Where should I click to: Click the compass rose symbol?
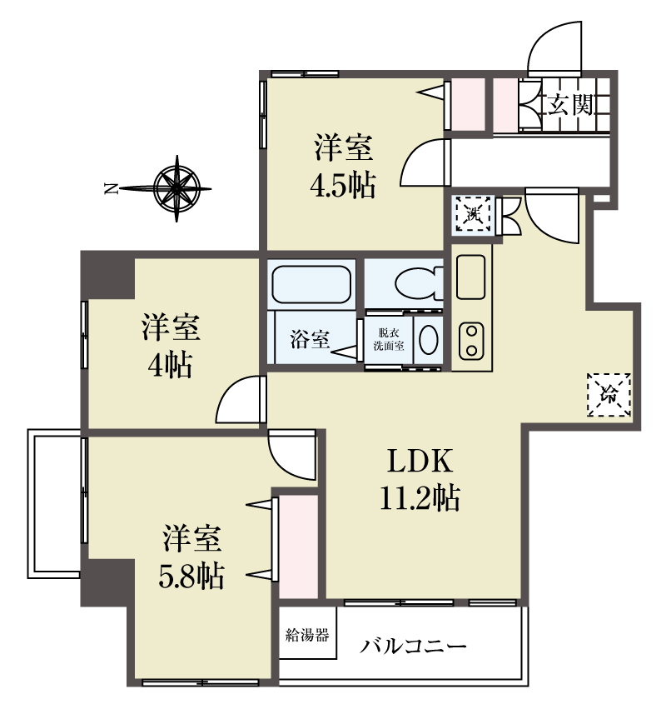click(x=176, y=188)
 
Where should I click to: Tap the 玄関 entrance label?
click(x=570, y=105)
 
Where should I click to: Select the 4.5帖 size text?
click(x=343, y=185)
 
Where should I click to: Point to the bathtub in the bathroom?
click(x=311, y=285)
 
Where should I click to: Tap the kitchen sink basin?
click(x=471, y=277)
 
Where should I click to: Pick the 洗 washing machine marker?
click(x=473, y=213)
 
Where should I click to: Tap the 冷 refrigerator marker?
click(x=609, y=394)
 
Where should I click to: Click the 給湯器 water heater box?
click(x=307, y=633)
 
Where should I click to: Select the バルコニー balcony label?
click(x=413, y=647)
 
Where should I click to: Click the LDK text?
click(x=420, y=462)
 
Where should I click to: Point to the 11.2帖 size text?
click(x=420, y=497)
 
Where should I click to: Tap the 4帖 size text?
click(x=170, y=365)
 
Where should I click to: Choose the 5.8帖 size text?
click(x=191, y=576)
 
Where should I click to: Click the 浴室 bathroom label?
click(x=310, y=339)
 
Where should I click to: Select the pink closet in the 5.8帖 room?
click(x=298, y=547)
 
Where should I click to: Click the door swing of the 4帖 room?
click(x=241, y=399)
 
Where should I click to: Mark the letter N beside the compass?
click(x=111, y=187)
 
